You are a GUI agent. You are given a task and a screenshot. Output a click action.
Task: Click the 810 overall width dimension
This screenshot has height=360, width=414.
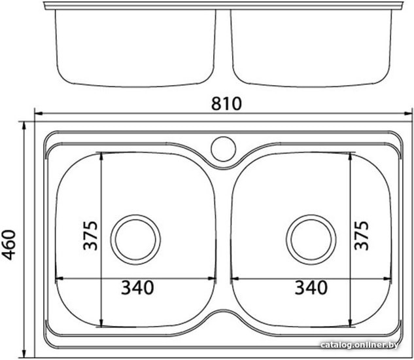pyautogui.click(x=226, y=103)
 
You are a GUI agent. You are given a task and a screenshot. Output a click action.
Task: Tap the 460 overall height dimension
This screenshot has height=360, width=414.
pyautogui.click(x=9, y=245)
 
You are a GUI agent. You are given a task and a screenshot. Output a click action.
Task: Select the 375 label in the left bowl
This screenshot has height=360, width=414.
pyautogui.click(x=90, y=236)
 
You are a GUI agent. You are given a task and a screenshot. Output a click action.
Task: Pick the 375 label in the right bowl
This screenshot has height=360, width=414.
pyautogui.click(x=361, y=236)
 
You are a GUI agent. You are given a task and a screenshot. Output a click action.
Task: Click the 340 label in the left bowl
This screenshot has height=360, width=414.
pyautogui.click(x=137, y=287)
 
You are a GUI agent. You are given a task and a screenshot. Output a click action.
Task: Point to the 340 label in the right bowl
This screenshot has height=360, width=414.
pyautogui.click(x=311, y=287)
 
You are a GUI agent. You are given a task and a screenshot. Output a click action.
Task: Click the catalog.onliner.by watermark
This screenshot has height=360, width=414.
pyautogui.click(x=359, y=345)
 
